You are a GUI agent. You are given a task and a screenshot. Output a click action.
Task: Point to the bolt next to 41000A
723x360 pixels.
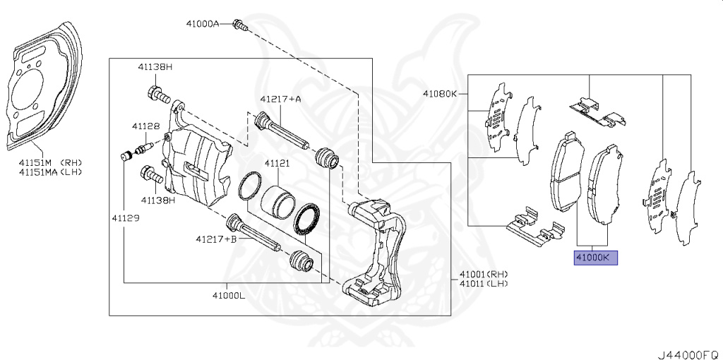tap(240, 25)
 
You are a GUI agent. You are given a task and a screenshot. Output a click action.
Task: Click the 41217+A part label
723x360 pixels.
tap(280, 99)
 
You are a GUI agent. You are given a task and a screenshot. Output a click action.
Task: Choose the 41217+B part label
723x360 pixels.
tap(216, 239)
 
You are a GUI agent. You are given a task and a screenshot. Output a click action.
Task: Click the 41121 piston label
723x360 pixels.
tap(277, 163)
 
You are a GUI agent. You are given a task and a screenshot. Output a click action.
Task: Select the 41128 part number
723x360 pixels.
tap(145, 126)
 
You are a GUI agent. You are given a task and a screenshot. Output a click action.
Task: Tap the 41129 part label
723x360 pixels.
tap(124, 218)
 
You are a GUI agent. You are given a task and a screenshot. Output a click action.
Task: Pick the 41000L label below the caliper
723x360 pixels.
tap(227, 294)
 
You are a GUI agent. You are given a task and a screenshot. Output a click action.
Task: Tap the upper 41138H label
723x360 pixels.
tap(155, 66)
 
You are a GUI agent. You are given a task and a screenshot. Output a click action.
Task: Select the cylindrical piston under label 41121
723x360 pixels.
tap(275, 200)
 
